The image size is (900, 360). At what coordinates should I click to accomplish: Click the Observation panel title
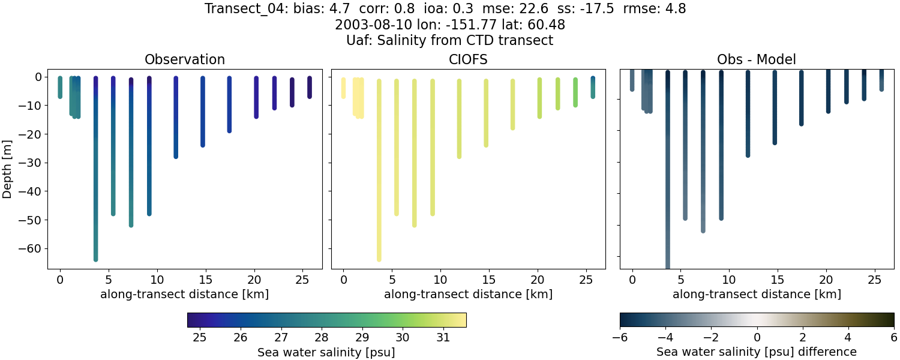tap(185, 60)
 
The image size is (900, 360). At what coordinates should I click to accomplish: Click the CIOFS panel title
tap(468, 60)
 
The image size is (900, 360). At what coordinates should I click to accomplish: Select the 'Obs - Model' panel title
tap(756, 60)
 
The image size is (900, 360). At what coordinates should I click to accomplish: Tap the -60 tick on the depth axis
tap(29, 248)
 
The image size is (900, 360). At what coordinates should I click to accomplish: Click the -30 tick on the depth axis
tap(29, 163)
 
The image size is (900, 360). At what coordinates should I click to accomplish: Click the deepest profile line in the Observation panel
tap(95, 180)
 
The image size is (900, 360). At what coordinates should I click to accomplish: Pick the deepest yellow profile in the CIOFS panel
tap(379, 180)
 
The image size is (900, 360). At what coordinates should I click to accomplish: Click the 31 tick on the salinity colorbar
tap(443, 338)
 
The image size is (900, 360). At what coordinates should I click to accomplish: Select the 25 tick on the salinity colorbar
tap(200, 338)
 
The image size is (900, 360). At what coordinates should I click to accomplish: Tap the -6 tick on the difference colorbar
tap(620, 338)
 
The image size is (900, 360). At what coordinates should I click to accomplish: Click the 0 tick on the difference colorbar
tap(757, 338)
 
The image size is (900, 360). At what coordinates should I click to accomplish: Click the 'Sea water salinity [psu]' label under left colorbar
tap(326, 352)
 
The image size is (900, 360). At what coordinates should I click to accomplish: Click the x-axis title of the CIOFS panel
tap(468, 295)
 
